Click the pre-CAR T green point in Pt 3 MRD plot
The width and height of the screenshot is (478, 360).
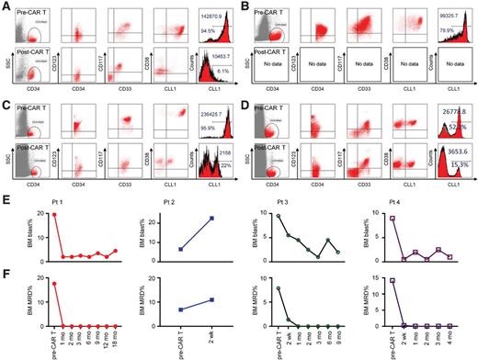(278, 288)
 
